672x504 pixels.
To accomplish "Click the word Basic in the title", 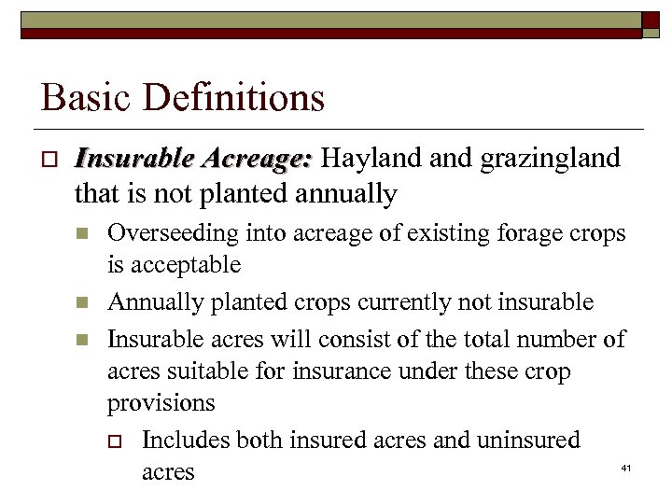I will pyautogui.click(x=78, y=97).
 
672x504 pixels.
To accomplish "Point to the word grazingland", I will pyautogui.click(x=550, y=159).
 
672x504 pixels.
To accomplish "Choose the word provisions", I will pyautogui.click(x=161, y=403).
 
